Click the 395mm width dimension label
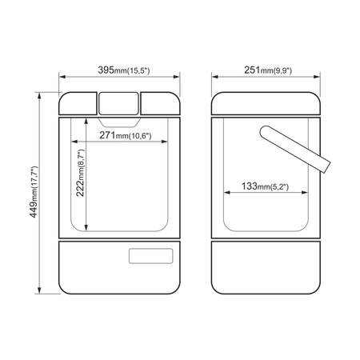[124, 70]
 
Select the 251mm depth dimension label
[268, 70]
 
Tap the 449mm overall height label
[34, 192]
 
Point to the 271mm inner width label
[126, 135]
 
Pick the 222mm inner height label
[81, 173]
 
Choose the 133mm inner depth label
[265, 186]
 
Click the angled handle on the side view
[295, 150]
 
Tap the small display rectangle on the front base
[150, 256]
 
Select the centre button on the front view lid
[118, 103]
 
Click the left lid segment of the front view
[78, 104]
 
